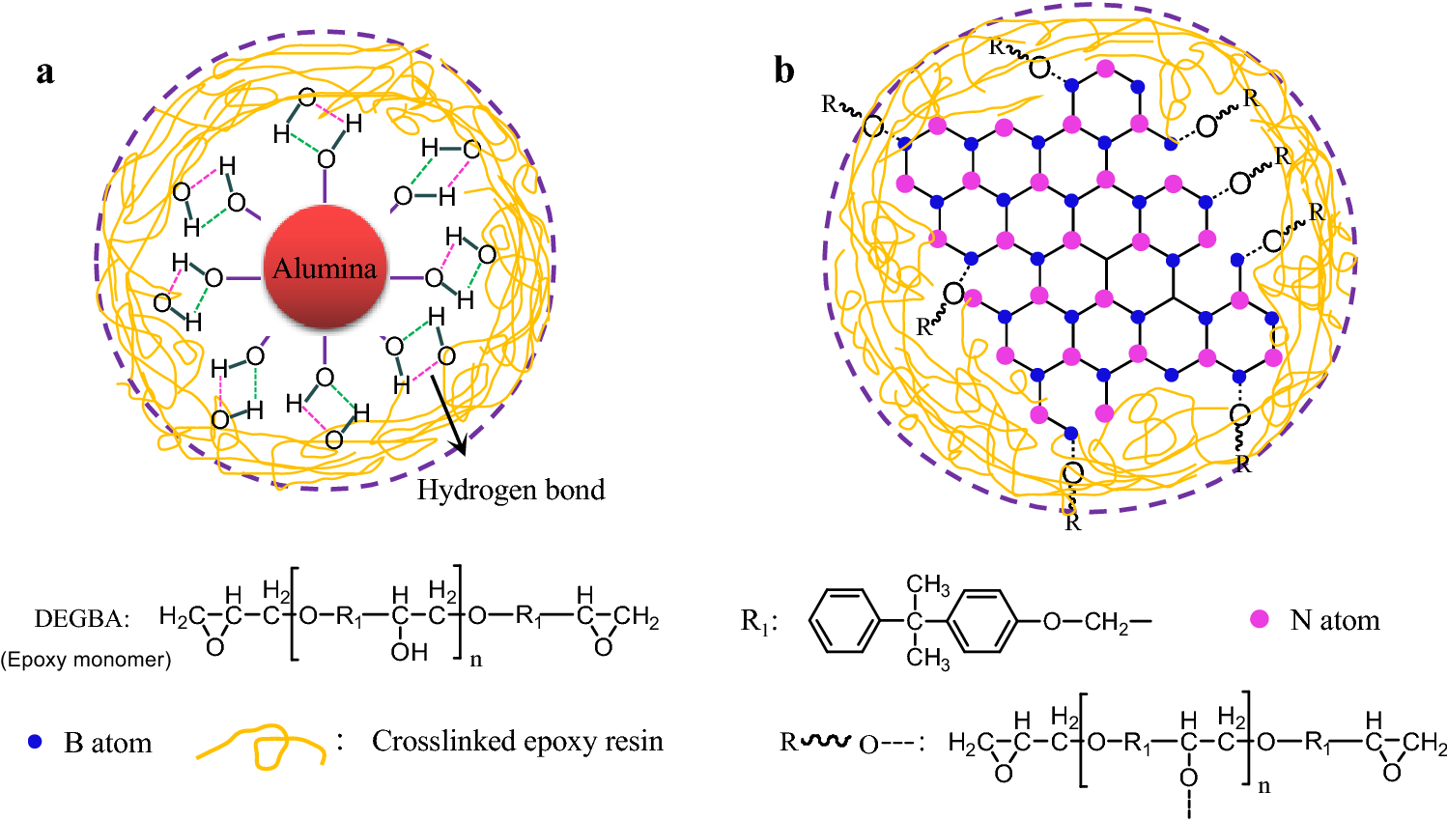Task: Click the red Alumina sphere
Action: pyautogui.click(x=326, y=268)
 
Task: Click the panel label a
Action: pyautogui.click(x=44, y=72)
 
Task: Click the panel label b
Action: pyautogui.click(x=784, y=71)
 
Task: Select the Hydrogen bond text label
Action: pyautogui.click(x=511, y=491)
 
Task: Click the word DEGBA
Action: pyautogui.click(x=81, y=619)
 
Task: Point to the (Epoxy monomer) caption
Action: pyautogui.click(x=86, y=660)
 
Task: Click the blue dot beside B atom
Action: pyautogui.click(x=36, y=742)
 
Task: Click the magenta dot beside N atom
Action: pyautogui.click(x=1260, y=619)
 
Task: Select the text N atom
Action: pyautogui.click(x=1335, y=620)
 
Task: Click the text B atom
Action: pyautogui.click(x=108, y=743)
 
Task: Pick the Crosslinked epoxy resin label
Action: pyautogui.click(x=518, y=741)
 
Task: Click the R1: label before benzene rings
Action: pyautogui.click(x=759, y=621)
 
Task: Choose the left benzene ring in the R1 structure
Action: pyautogui.click(x=843, y=620)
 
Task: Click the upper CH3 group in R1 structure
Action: pyautogui.click(x=927, y=585)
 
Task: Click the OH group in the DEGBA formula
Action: pyautogui.click(x=410, y=652)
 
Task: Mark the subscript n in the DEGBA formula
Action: pyautogui.click(x=475, y=661)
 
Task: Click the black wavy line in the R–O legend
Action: pyautogui.click(x=826, y=741)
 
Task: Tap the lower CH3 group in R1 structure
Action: pyautogui.click(x=927, y=659)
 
